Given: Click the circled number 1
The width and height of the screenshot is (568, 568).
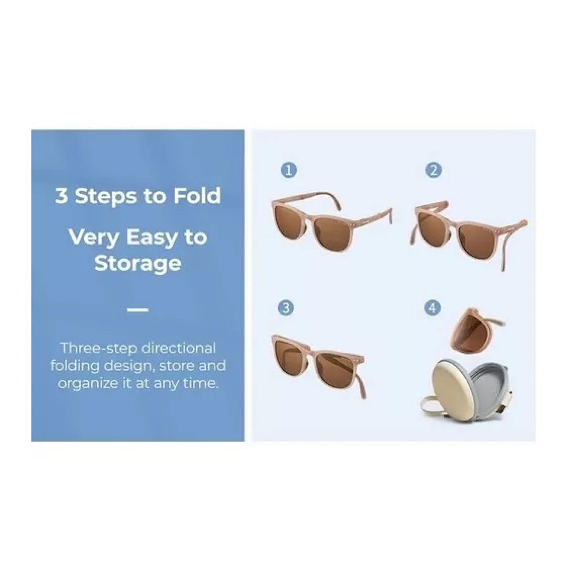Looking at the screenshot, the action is click(x=289, y=170).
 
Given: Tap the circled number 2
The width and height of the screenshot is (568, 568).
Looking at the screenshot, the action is click(x=433, y=170).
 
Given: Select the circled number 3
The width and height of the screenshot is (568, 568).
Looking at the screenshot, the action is click(x=286, y=308).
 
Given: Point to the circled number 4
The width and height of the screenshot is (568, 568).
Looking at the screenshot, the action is click(x=432, y=308).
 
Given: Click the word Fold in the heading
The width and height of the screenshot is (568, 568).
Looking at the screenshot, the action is click(x=197, y=196).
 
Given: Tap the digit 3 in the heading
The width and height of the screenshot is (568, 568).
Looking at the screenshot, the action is click(x=62, y=196).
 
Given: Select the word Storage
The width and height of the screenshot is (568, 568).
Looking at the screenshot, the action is click(x=138, y=263).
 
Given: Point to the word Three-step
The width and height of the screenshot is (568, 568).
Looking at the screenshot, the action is click(x=98, y=349).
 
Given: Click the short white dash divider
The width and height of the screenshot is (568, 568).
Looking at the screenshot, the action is click(x=138, y=310).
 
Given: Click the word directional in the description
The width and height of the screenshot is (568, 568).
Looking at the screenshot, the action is click(x=178, y=348).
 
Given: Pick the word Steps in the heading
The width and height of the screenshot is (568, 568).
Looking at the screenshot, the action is click(x=106, y=197).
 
